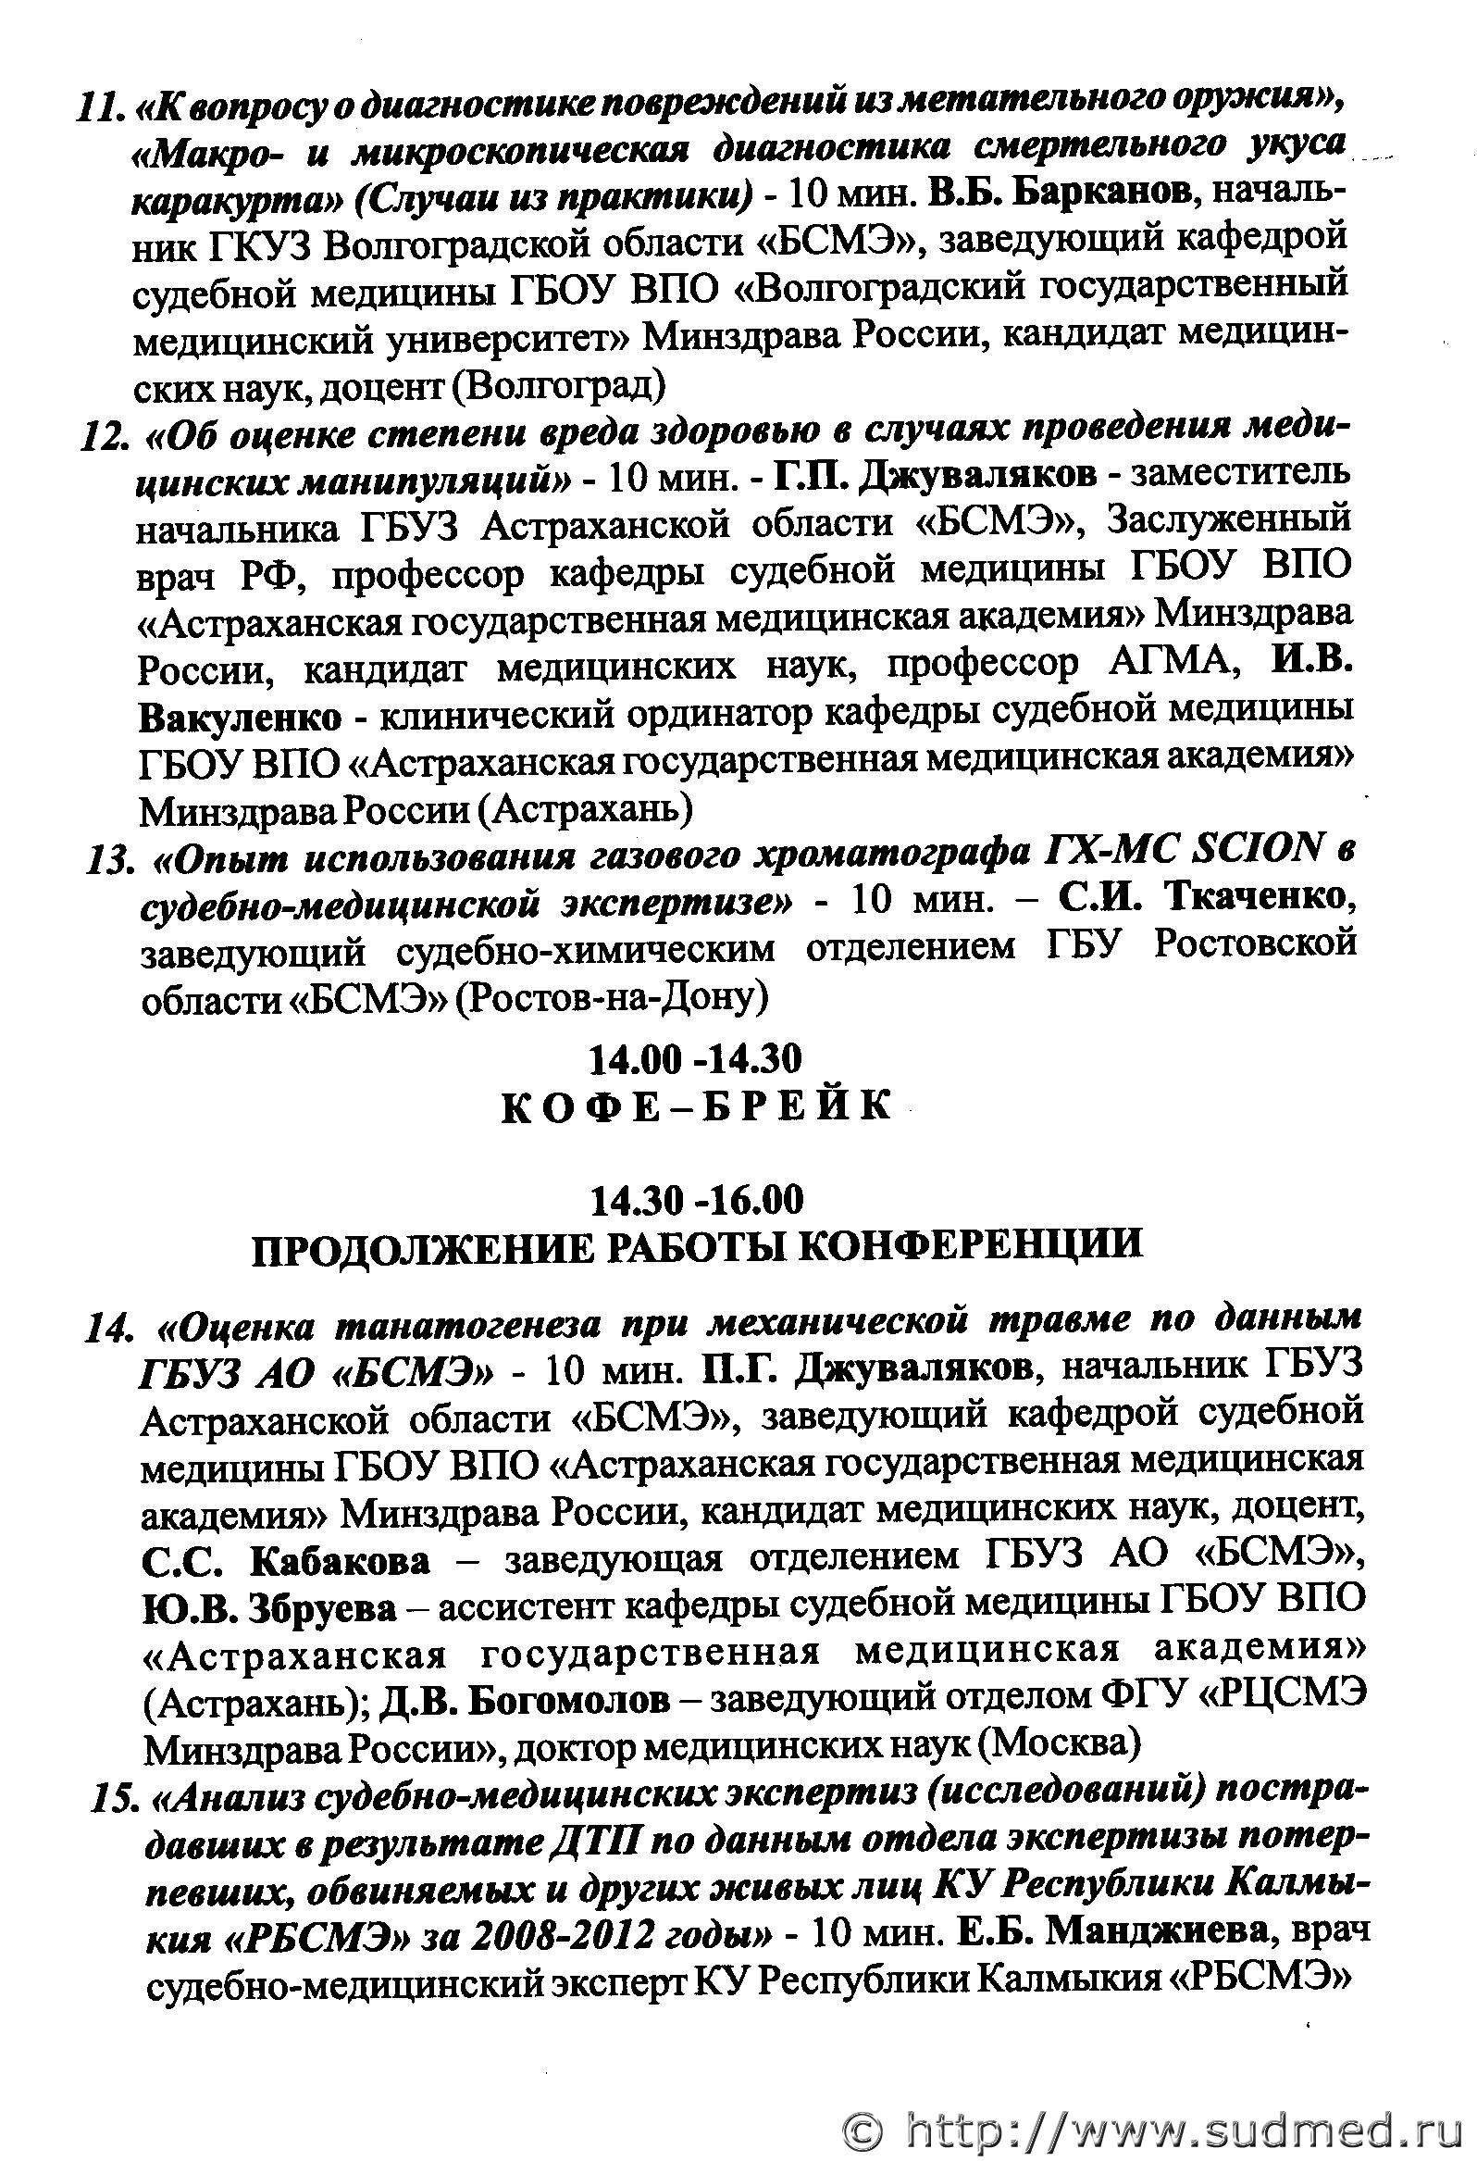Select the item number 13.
click(111, 860)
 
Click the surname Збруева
click(321, 1606)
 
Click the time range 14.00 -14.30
click(695, 1058)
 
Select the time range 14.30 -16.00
click(695, 1200)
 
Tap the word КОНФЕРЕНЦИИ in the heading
click(970, 1245)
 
